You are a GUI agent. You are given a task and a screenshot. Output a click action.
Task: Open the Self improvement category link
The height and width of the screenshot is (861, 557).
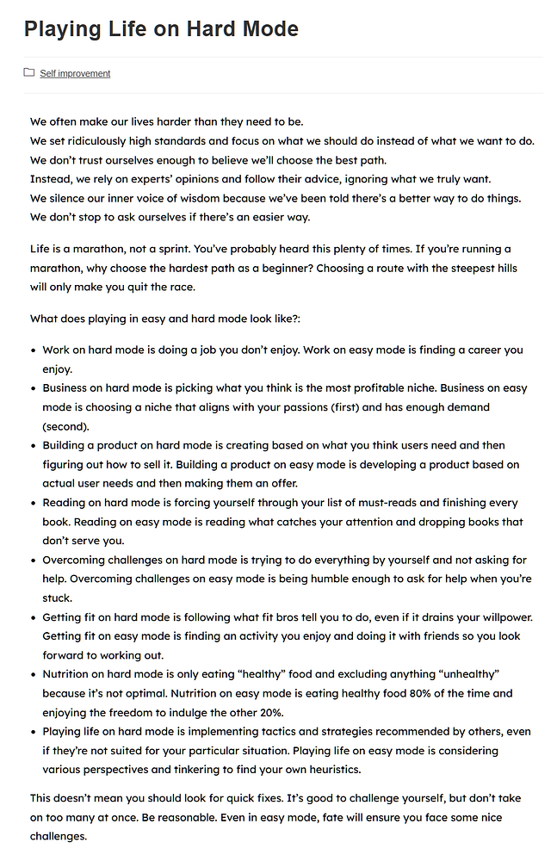75,74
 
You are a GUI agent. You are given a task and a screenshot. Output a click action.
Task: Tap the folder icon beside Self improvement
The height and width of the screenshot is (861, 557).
29,73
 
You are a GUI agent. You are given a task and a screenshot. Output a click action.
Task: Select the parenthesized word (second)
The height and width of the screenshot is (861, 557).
65,426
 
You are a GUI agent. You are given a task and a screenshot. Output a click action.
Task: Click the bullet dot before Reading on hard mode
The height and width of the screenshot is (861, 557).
34,504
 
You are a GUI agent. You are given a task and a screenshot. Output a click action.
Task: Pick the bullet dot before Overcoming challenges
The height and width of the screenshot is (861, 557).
34,561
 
